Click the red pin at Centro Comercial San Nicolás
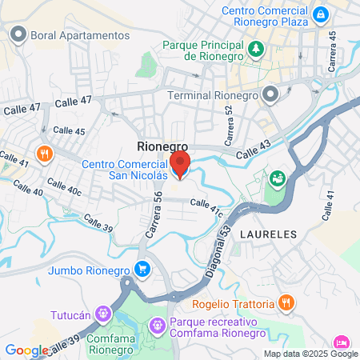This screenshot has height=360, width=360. point(179,165)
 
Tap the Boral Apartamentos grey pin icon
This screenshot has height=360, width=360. point(18,35)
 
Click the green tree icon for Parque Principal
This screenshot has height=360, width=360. point(255,50)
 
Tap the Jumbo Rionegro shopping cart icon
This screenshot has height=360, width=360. point(142,268)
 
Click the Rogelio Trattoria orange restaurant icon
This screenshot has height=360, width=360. point(286,302)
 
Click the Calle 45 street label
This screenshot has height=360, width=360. point(69,131)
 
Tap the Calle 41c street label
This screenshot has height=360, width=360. point(205,209)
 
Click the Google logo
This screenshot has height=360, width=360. point(27,350)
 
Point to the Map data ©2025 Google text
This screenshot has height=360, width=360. point(311,354)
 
